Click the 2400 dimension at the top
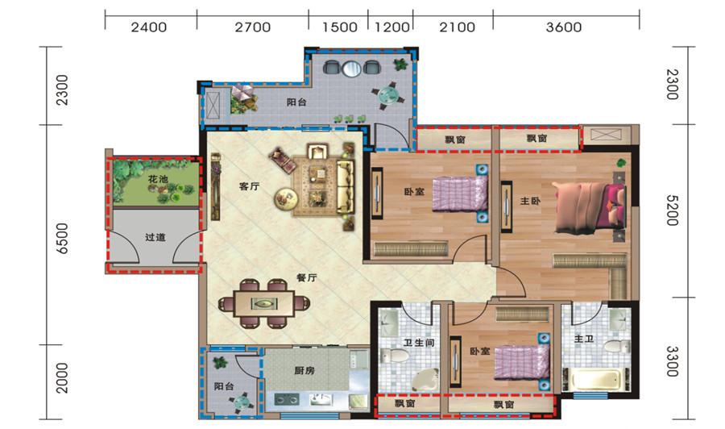click(148, 27)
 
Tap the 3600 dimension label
click(564, 27)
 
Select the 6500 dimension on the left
click(62, 239)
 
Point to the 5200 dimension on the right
click(673, 210)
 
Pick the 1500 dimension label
click(339, 27)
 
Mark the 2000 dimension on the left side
click(62, 377)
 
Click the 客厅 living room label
click(249, 186)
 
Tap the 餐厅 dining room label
click(307, 277)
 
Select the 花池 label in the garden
click(158, 179)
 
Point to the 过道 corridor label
click(155, 237)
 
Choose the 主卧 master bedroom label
click(530, 201)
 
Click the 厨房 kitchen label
click(304, 370)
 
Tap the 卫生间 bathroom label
click(418, 343)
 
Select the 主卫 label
click(583, 339)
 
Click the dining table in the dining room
click(264, 303)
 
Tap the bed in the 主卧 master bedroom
click(590, 207)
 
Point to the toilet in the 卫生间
click(394, 356)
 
